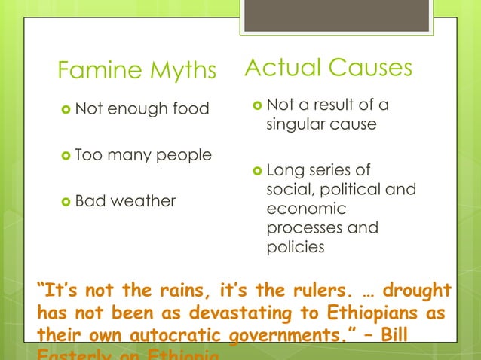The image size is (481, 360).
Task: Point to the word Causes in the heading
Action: tap(369, 68)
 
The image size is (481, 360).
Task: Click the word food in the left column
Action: tap(191, 109)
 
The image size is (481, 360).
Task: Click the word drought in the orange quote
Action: tap(415, 291)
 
